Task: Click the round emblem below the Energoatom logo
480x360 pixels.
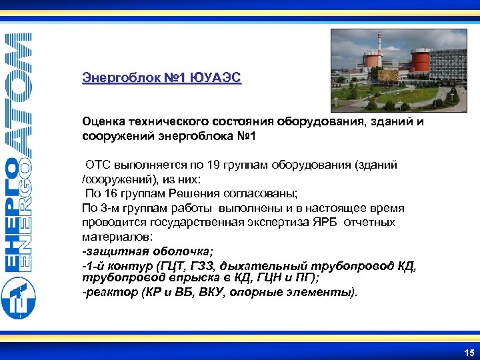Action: [x=19, y=299]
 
